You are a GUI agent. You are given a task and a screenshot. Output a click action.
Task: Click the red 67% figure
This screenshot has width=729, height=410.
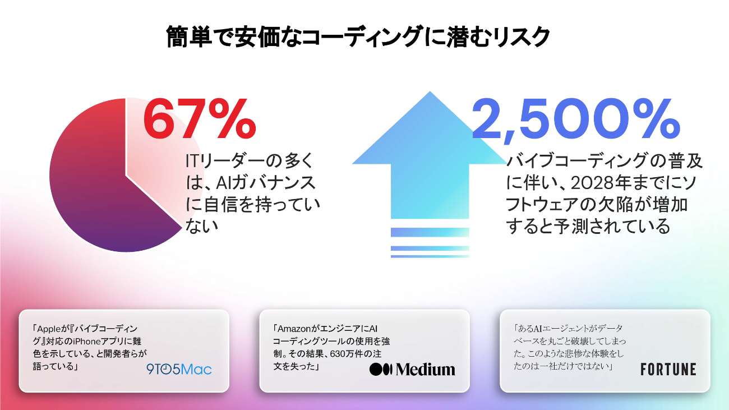pyautogui.click(x=199, y=118)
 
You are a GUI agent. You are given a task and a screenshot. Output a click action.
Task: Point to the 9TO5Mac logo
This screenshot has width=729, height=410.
pyautogui.click(x=179, y=369)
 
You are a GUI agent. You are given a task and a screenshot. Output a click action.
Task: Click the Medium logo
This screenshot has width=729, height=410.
pyautogui.click(x=412, y=369)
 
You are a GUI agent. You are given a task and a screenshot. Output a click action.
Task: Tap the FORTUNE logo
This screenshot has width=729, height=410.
pyautogui.click(x=668, y=369)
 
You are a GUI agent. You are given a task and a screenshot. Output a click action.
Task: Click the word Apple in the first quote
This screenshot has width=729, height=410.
pyautogui.click(x=48, y=329)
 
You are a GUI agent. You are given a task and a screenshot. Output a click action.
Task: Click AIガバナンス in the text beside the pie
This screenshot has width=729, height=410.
pyautogui.click(x=266, y=183)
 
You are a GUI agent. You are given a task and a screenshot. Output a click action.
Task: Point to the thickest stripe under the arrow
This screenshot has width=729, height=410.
pyautogui.click(x=430, y=232)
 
